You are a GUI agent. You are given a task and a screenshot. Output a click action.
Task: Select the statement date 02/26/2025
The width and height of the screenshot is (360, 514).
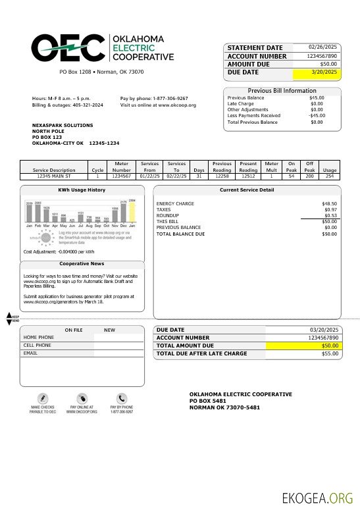(323, 47)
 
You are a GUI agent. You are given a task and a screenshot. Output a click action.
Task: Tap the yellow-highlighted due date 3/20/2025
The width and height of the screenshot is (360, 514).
(324, 72)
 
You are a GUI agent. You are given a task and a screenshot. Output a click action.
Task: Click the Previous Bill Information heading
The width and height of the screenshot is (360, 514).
(282, 91)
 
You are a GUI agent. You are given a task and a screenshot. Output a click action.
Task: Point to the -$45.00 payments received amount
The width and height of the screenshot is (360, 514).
(316, 116)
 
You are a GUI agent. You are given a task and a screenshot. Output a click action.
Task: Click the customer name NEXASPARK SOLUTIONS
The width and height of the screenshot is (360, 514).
(63, 125)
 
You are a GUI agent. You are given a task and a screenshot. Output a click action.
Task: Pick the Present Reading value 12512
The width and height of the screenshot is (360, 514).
(248, 176)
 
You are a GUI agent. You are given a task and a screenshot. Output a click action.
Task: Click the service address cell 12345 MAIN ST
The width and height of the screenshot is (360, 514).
(54, 176)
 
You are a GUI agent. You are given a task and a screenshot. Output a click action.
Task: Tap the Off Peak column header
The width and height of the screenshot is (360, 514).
(309, 166)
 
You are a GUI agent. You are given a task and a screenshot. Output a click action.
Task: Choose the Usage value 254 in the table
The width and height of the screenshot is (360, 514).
(330, 176)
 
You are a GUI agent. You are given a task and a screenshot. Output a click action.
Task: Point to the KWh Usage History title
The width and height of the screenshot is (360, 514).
(82, 190)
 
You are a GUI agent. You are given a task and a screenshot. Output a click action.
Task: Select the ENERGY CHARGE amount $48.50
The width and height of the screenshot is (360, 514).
(329, 204)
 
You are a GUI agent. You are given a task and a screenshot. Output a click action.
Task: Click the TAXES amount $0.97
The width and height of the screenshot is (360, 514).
(330, 209)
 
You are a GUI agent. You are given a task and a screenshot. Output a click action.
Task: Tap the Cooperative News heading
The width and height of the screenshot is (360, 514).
(82, 263)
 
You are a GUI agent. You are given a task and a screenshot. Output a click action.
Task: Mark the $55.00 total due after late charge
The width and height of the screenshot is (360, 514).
(330, 353)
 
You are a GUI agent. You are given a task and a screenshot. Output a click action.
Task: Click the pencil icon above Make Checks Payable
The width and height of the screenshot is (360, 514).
(43, 398)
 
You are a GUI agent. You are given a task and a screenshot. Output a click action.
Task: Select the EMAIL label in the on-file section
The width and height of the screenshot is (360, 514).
(30, 353)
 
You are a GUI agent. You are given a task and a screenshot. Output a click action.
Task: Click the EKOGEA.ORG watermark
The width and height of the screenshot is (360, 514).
(317, 498)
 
